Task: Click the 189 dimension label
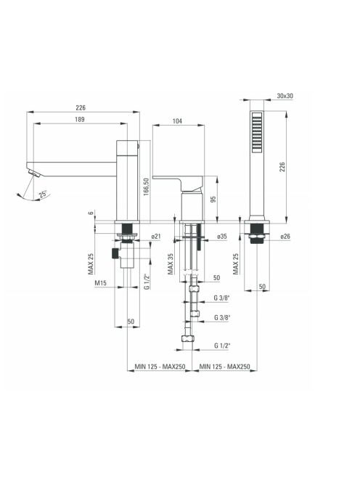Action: pos(80,119)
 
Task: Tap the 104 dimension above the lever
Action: pos(177,121)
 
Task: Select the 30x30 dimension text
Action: pos(285,96)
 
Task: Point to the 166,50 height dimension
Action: pos(147,187)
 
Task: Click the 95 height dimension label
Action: pos(213,199)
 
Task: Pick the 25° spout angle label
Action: pos(43,194)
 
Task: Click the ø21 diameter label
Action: pos(156,237)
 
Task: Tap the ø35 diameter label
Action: pos(221,237)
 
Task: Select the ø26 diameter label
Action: pos(285,237)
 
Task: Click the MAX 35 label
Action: pos(171,264)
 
